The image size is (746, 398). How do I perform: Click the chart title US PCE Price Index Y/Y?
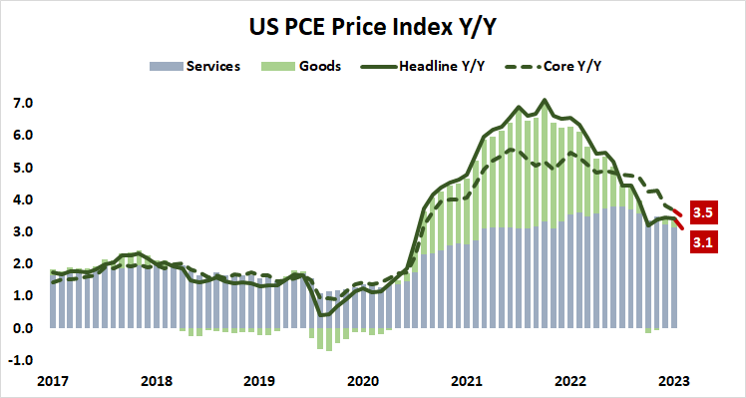coord(373,23)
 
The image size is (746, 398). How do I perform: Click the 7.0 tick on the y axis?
coord(23,104)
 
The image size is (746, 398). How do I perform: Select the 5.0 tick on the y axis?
coord(23,168)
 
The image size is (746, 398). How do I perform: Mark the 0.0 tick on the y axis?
coord(23,328)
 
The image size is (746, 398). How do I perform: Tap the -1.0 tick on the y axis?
coord(21,360)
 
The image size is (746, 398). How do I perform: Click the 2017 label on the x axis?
coord(55,380)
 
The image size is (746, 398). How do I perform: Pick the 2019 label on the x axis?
coord(258,380)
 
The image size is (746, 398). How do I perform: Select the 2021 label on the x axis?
coord(463,380)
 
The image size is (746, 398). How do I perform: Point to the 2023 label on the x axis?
coord(667,380)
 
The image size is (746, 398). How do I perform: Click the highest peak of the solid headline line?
coord(544,100)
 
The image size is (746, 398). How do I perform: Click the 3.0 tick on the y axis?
coord(23,231)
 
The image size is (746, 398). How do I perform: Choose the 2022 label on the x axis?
coord(564,380)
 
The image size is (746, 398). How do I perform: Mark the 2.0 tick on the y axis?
coord(23,264)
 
